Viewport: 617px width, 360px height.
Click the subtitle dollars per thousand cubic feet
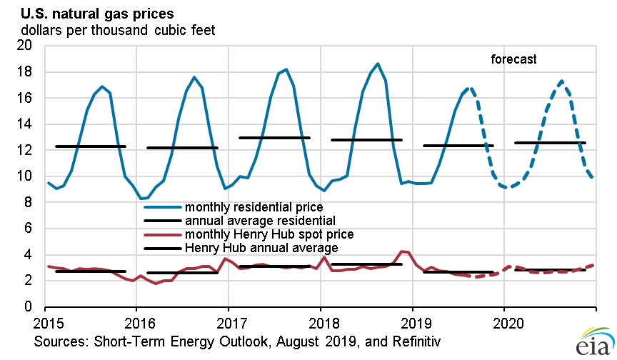118,30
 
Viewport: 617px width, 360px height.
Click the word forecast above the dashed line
513,59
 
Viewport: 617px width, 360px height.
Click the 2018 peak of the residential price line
378,64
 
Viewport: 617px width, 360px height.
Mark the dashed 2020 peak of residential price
562,81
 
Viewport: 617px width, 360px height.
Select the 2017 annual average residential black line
274,137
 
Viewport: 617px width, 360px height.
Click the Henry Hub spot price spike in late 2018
403,251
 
